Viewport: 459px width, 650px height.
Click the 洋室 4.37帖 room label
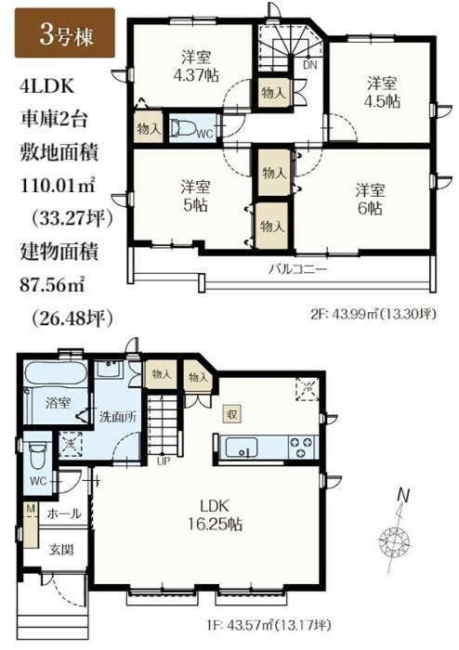(192, 65)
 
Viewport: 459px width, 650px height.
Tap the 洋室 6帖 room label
(371, 199)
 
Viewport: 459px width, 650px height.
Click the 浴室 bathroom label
(58, 404)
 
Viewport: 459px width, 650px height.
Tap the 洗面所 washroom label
(119, 417)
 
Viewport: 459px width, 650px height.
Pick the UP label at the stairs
(164, 459)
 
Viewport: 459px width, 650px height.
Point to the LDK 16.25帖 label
(220, 514)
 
